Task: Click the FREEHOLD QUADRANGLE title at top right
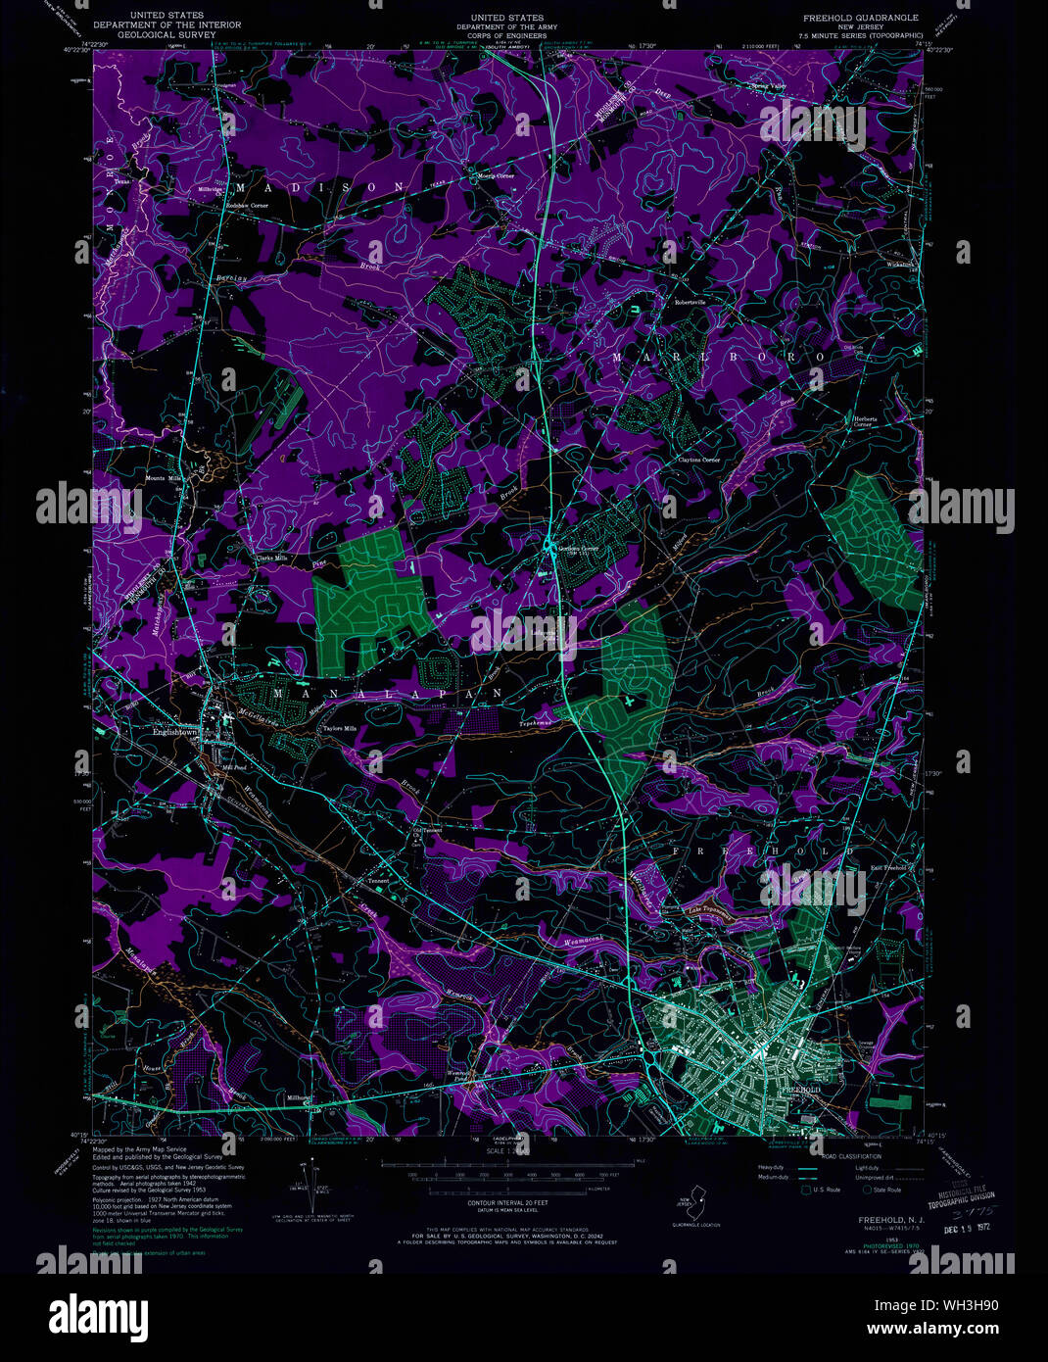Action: [861, 18]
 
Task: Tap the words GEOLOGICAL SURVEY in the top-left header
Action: [148, 33]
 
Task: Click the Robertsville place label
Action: [690, 303]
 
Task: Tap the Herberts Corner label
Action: [863, 421]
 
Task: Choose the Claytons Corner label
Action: [698, 460]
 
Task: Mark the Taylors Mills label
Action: [334, 728]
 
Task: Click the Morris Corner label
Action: [496, 176]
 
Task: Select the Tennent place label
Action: [378, 881]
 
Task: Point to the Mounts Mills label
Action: [165, 478]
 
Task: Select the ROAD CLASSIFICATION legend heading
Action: [844, 1156]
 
